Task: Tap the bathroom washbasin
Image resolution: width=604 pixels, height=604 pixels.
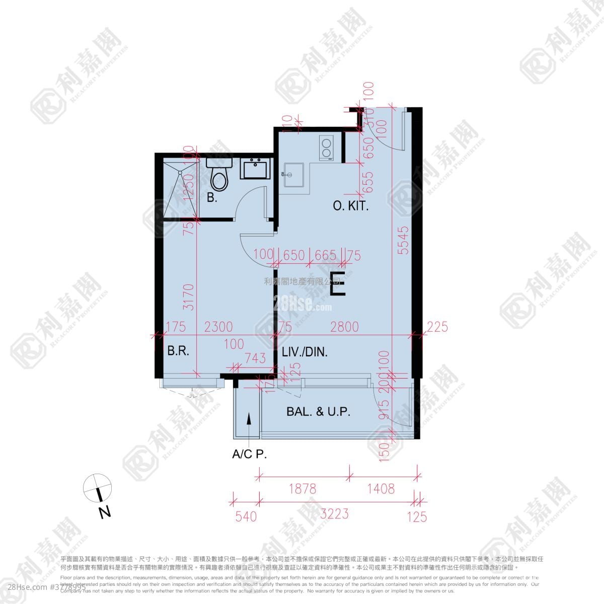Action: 256,168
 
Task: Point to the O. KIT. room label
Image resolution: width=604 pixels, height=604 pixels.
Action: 351,205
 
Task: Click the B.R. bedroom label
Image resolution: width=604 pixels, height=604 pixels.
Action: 178,351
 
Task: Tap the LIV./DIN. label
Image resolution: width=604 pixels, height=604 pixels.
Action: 305,352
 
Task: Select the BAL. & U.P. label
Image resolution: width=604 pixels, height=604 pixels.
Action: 318,411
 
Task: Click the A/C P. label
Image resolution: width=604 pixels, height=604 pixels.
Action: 249,455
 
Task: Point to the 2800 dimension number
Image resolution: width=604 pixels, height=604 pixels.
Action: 344,327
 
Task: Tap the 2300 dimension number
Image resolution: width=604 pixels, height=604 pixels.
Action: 218,327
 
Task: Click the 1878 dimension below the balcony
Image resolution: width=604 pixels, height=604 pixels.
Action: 303,488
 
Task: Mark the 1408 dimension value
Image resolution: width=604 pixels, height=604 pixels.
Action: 381,488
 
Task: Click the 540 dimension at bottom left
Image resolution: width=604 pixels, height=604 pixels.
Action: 247,516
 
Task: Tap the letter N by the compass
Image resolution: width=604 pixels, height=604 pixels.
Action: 104,513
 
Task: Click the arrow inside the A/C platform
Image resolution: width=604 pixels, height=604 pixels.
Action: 249,419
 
